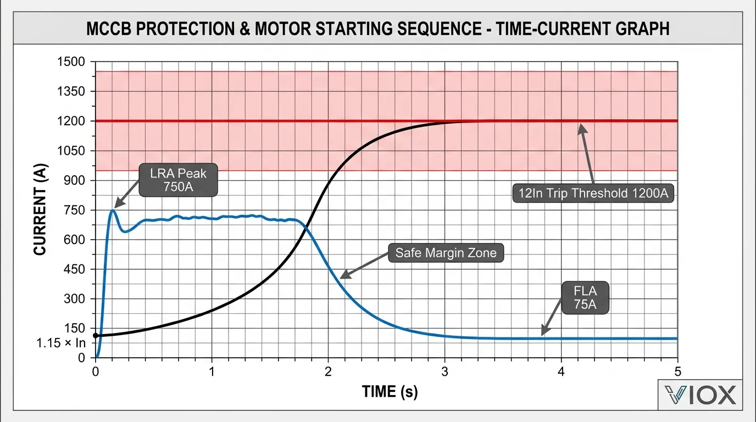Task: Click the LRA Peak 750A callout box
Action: [179, 179]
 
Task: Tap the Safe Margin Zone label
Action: [446, 253]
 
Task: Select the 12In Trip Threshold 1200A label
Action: [593, 193]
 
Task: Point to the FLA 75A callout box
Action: [585, 297]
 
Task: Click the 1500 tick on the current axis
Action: [71, 62]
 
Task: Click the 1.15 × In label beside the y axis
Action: [62, 343]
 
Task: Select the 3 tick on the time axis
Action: [444, 370]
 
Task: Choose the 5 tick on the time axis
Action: [677, 370]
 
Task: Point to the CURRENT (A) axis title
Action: [40, 209]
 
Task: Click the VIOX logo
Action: [699, 395]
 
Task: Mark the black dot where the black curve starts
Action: [96, 335]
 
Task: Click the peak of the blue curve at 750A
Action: [112, 210]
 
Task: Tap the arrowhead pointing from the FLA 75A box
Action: [543, 334]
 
